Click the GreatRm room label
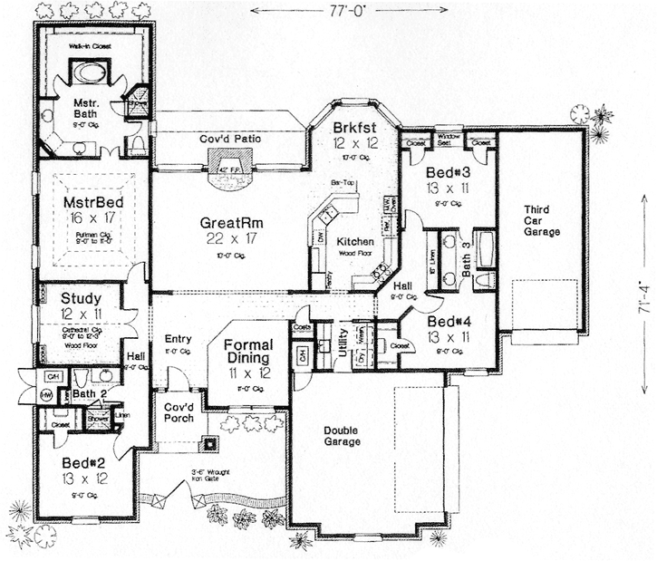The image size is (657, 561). coord(228,221)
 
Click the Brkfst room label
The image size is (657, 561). coord(354,128)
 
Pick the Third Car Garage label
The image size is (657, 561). coord(542,220)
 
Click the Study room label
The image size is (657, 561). coord(82,297)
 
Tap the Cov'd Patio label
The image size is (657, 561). coord(231,139)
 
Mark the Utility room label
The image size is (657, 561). coord(343,343)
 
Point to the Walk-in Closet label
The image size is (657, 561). coord(88,44)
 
